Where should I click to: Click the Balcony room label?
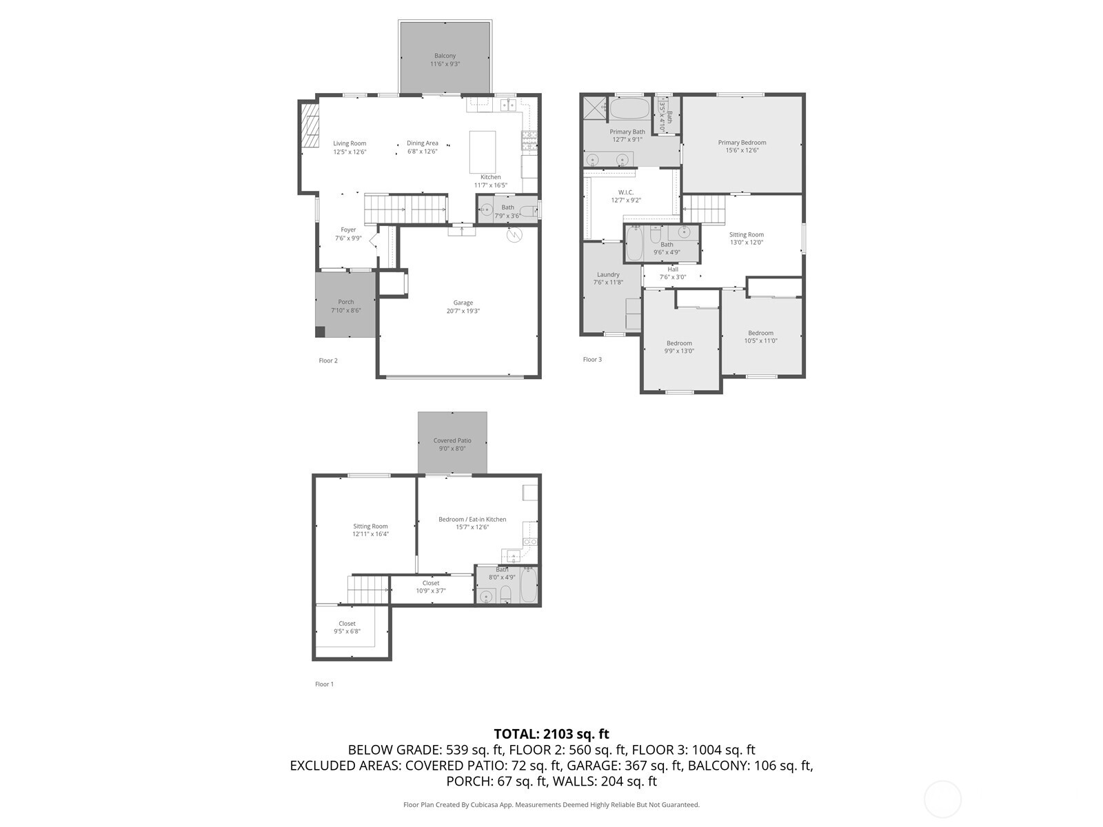pos(445,56)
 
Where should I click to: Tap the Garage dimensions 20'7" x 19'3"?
pos(463,311)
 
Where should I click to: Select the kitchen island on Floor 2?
pos(483,152)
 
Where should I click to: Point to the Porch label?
pos(345,302)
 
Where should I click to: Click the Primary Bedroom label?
pos(742,143)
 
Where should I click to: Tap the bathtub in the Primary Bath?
pos(630,108)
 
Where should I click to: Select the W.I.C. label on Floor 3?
pos(625,192)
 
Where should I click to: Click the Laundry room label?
pos(607,274)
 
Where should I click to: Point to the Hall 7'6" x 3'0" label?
pos(672,273)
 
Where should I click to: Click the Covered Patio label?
pos(452,440)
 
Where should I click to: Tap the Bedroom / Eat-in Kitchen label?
pos(472,520)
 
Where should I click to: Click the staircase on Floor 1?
pos(363,590)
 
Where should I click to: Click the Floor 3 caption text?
pos(592,359)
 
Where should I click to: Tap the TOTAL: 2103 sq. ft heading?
pos(551,734)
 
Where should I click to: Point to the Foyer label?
pos(348,230)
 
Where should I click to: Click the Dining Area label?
pos(422,143)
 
